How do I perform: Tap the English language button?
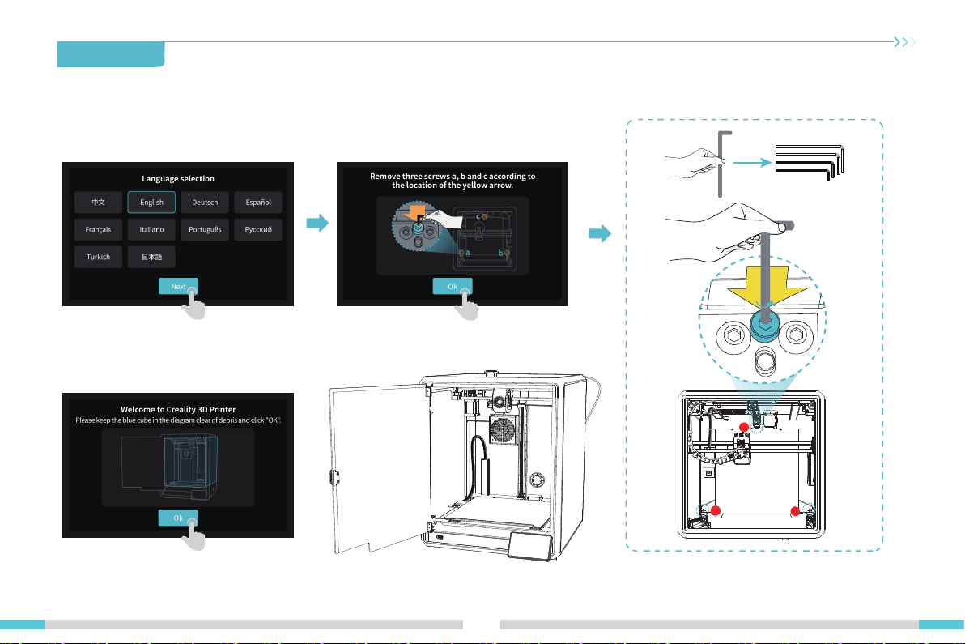(x=151, y=202)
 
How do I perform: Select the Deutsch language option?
(x=205, y=202)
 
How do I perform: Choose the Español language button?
(x=258, y=202)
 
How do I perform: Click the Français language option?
(x=99, y=229)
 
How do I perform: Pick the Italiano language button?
(x=151, y=229)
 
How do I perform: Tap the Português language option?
(x=205, y=229)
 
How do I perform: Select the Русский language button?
(x=258, y=229)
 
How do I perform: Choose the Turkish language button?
(x=99, y=256)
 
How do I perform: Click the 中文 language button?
(x=99, y=202)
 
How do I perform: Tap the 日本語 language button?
(x=151, y=256)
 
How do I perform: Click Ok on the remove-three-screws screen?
(x=452, y=286)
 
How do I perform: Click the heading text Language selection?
(x=178, y=178)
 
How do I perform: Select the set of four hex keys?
(x=810, y=162)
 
